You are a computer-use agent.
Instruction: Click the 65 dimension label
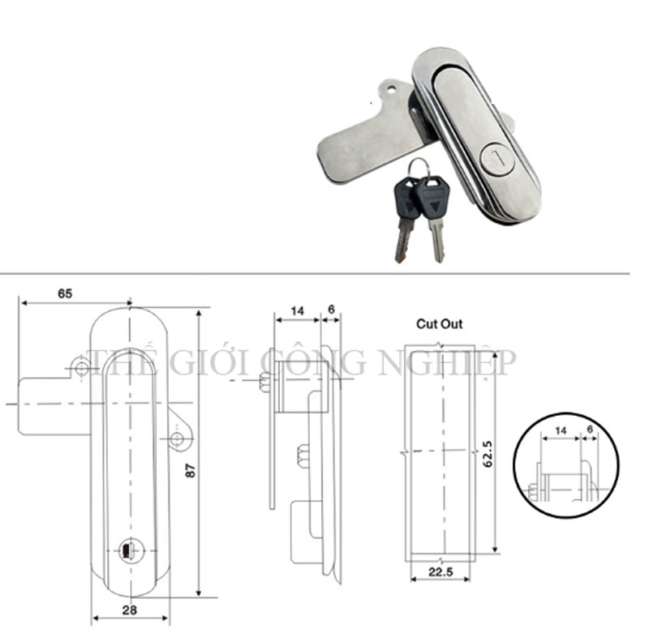click(65, 293)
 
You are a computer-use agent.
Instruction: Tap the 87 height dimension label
click(190, 471)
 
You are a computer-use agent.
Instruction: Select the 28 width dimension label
click(130, 609)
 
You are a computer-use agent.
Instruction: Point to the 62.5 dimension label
click(488, 454)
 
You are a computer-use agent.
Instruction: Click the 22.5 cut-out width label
click(441, 572)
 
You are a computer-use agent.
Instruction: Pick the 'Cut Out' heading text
click(439, 323)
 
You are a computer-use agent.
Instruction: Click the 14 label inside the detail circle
click(561, 431)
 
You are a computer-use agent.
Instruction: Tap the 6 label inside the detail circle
click(590, 430)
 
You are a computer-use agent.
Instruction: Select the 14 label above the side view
click(297, 310)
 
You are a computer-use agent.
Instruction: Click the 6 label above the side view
click(331, 309)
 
